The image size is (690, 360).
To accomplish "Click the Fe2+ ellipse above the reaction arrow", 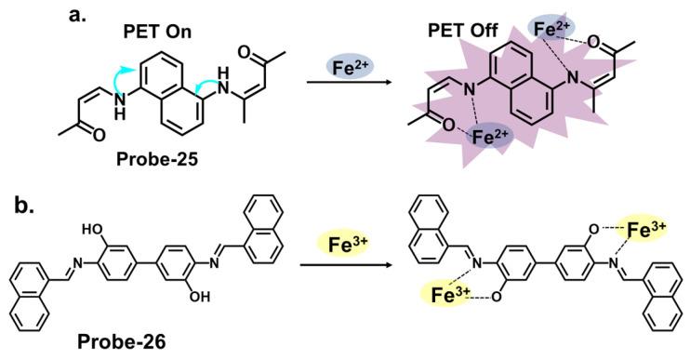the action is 351,67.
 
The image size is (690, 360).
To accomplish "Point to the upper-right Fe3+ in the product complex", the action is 646,225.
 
